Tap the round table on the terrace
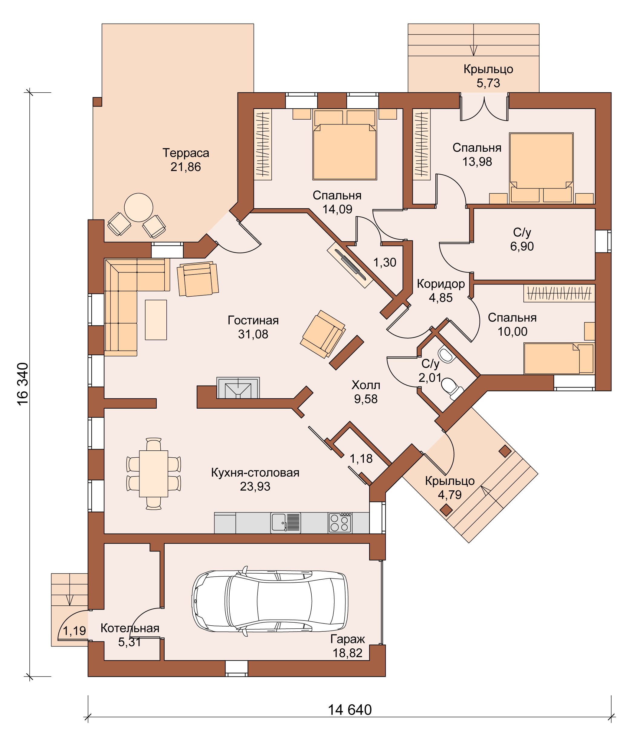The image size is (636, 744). [139, 208]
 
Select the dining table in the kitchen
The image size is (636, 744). [154, 474]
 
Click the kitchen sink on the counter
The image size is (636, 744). [285, 522]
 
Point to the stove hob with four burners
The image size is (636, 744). [339, 522]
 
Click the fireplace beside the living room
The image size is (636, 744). [238, 388]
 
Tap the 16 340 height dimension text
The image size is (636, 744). [23, 384]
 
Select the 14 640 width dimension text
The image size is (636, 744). [350, 710]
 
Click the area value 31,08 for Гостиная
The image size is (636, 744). [253, 334]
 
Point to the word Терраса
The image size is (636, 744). [185, 153]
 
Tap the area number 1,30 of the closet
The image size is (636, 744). [385, 262]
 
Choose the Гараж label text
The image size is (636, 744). [347, 639]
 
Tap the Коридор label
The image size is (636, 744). [441, 284]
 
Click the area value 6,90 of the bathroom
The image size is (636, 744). [522, 246]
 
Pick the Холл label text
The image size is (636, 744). [366, 385]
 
